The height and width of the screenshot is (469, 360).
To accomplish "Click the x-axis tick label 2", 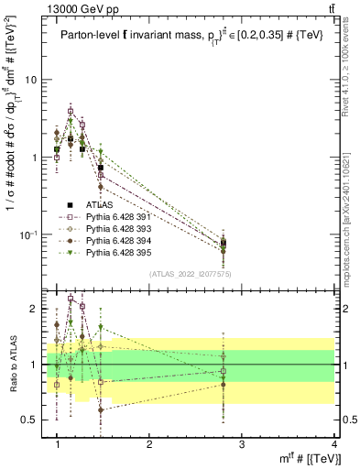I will click(x=149, y=444).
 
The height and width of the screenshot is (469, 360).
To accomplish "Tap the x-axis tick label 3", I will click(x=242, y=444).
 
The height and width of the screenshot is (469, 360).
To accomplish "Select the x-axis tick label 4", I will click(x=334, y=444).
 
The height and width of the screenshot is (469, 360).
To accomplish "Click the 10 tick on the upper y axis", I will click(x=31, y=80).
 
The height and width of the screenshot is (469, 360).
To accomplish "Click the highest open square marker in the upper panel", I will click(x=71, y=111).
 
